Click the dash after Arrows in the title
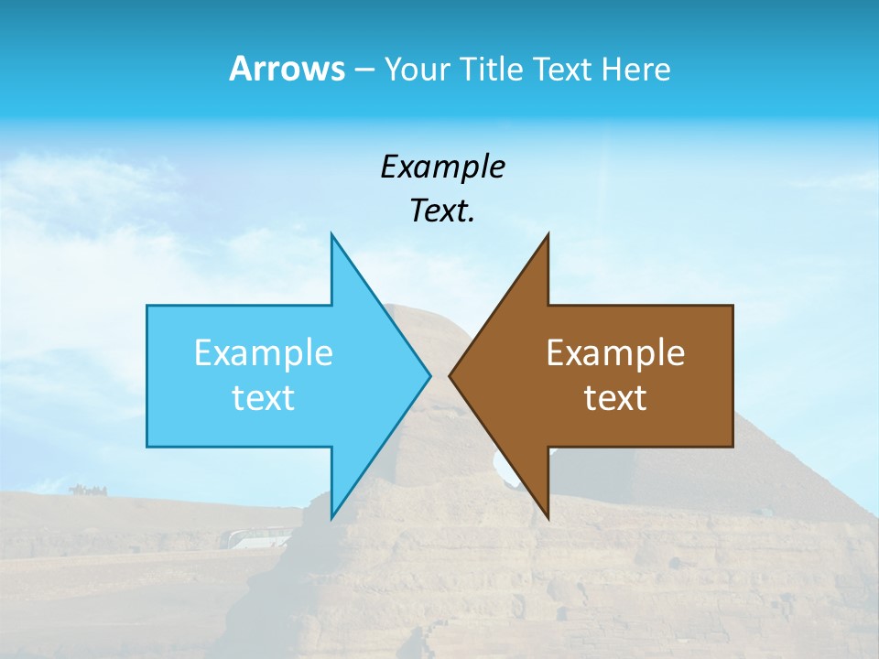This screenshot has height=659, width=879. [x=362, y=70]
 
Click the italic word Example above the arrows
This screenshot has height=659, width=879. [x=442, y=167]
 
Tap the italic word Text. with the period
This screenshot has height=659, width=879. [x=442, y=211]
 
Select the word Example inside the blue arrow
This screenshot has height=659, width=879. [x=264, y=352]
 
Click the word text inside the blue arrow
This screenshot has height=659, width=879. [x=264, y=397]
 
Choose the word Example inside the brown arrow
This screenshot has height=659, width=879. [x=615, y=352]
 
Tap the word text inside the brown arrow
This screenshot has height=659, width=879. [x=615, y=397]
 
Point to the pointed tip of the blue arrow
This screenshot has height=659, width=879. [x=429, y=375]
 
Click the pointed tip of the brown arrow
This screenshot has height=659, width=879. [x=450, y=375]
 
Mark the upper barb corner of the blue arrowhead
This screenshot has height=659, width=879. [x=331, y=235]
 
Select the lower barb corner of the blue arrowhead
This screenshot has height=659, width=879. [x=331, y=517]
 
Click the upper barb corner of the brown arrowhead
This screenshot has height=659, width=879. [x=548, y=235]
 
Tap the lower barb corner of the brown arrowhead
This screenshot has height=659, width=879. [x=548, y=517]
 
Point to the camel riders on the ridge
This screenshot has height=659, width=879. [x=87, y=490]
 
